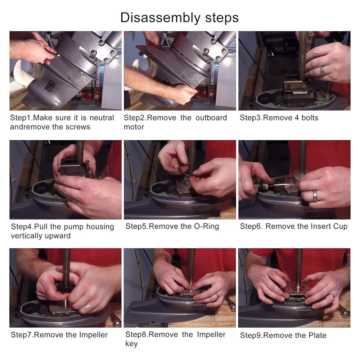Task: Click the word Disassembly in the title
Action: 160,18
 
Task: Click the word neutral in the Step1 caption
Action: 102,118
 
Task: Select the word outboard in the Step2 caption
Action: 211,118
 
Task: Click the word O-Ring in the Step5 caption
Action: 206,226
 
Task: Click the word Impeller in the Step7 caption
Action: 94,335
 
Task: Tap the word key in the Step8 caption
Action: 131,344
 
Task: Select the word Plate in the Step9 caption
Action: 318,336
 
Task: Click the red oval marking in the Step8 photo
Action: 191,286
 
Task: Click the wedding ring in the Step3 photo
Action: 323,71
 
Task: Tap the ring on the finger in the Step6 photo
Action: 315,195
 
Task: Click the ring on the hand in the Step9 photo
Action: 332,295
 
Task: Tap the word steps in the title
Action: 222,18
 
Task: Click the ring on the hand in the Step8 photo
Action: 217,296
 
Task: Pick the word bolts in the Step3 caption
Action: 310,118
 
